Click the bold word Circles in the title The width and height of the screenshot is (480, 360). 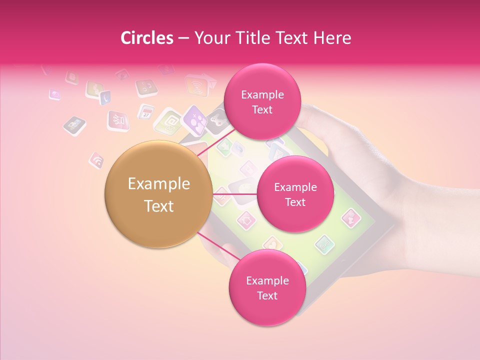click(146, 38)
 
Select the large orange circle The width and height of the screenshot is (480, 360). click(158, 194)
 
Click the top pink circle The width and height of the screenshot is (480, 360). click(262, 101)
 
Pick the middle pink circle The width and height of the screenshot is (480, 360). click(295, 194)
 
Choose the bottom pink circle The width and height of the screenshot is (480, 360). click(267, 287)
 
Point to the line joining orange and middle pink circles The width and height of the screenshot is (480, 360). click(234, 194)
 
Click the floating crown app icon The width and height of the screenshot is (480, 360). click(118, 120)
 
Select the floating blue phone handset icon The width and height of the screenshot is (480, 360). click(105, 97)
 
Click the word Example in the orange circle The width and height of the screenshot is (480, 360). click(158, 184)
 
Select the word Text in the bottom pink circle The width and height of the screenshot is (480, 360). click(267, 295)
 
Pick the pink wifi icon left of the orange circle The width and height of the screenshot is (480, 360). click(96, 160)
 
